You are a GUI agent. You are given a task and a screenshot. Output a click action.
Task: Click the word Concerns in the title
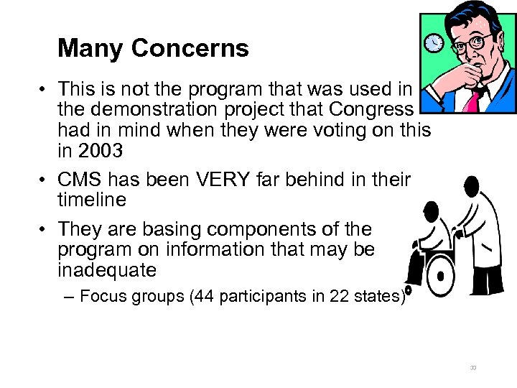(190, 49)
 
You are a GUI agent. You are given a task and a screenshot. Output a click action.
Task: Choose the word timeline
(92, 199)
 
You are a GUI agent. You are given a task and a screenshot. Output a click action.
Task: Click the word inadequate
(107, 270)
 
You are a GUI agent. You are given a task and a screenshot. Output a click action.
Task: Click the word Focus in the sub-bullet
(103, 296)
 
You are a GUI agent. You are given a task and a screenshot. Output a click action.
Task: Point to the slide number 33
(473, 368)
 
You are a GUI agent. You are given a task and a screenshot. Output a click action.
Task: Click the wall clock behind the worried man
(434, 44)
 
